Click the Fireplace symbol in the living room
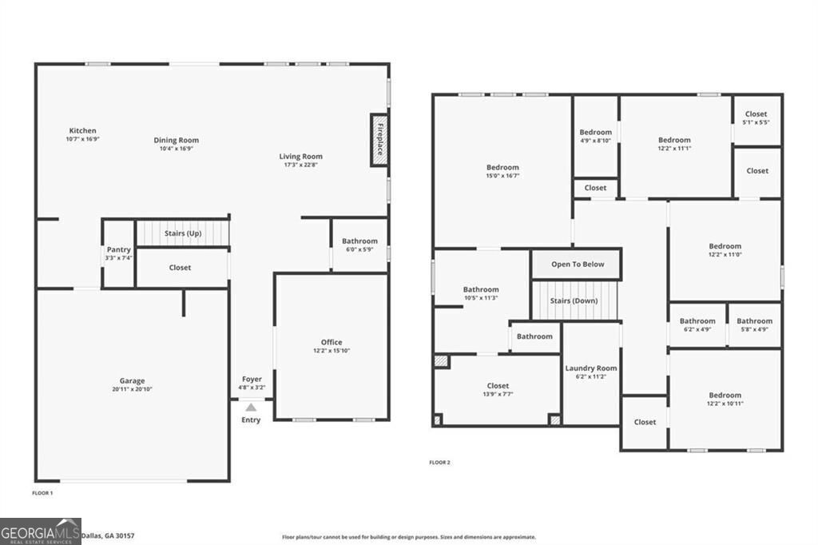click(379, 140)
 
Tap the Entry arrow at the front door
click(251, 408)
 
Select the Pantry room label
click(118, 250)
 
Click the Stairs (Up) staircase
click(182, 233)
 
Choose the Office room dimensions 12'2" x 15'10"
click(332, 351)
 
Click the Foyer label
click(252, 380)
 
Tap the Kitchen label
click(82, 130)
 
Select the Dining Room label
click(176, 140)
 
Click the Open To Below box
click(578, 265)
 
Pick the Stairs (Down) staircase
click(575, 301)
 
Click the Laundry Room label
click(591, 368)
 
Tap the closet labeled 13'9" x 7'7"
click(498, 390)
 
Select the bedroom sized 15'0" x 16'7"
click(502, 171)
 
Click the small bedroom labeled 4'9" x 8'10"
click(595, 136)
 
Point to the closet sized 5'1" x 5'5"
click(756, 118)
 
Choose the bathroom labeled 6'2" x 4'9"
click(697, 324)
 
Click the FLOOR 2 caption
click(439, 463)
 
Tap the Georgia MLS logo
click(41, 531)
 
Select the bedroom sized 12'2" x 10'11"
click(725, 399)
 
